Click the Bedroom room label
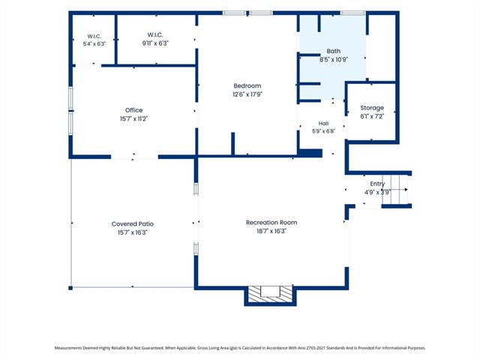[247, 85]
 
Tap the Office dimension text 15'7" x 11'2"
[133, 118]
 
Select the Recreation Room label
[271, 223]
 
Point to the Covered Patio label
[133, 223]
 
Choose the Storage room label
[372, 108]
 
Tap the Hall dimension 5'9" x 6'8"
[323, 131]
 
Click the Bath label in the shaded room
[333, 51]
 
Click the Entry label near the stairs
[377, 184]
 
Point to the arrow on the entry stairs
[395, 190]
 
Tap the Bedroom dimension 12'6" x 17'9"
[247, 94]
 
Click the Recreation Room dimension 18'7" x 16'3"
[271, 231]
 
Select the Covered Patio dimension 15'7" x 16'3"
[133, 232]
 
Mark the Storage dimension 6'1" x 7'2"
[372, 116]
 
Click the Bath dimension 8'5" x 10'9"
[333, 60]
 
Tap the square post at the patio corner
[70, 288]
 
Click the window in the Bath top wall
[352, 13]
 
